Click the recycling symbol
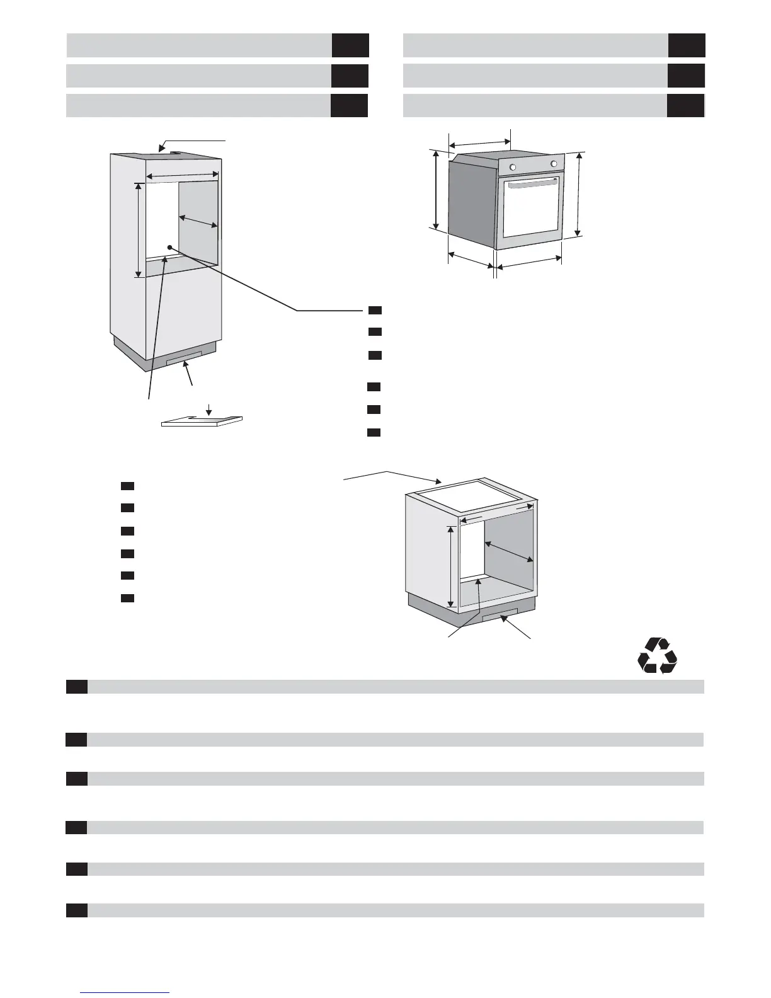tap(657, 656)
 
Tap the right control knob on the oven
tap(554, 164)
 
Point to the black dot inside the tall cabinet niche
tap(169, 247)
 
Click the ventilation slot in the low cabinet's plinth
tap(500, 614)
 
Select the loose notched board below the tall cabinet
tap(202, 422)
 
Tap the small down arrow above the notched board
tap(208, 410)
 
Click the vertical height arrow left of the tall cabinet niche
tap(139, 230)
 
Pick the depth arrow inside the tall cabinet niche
tap(198, 221)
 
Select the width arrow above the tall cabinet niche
tap(182, 176)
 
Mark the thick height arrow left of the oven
tap(435, 189)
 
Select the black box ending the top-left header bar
tap(350, 45)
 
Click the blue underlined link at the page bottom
tap(125, 992)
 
